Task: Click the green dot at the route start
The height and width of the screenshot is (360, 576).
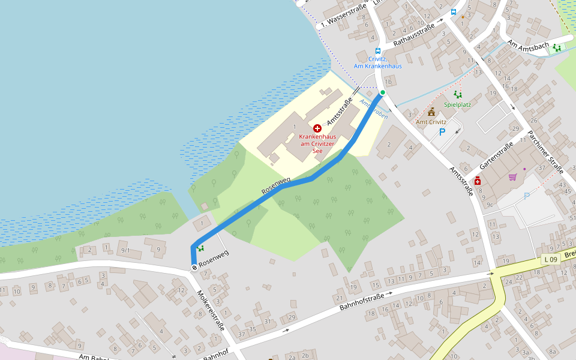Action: tap(382, 92)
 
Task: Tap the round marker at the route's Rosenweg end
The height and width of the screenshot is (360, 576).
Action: tap(194, 268)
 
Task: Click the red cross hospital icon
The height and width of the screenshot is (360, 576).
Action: tap(317, 128)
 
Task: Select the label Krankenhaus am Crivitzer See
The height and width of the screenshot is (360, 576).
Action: tap(317, 143)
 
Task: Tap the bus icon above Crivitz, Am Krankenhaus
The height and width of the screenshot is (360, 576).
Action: tap(377, 52)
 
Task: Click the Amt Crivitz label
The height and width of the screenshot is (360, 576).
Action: tap(431, 122)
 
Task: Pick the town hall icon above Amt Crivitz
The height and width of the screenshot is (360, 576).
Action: tap(431, 112)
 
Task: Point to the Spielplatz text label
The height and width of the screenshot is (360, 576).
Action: tap(457, 104)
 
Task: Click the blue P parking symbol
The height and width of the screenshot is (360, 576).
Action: tap(442, 132)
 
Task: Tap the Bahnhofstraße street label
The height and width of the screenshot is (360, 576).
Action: tap(362, 301)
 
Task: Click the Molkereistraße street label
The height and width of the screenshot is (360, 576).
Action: tap(210, 310)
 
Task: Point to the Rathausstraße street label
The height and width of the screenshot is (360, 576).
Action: tap(413, 35)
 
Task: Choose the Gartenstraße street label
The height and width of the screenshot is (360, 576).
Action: tap(496, 157)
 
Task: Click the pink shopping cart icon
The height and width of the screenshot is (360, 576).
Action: tap(512, 177)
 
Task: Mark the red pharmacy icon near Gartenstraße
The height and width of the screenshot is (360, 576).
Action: tap(478, 181)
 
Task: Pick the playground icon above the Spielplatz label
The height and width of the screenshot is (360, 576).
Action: tap(458, 94)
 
